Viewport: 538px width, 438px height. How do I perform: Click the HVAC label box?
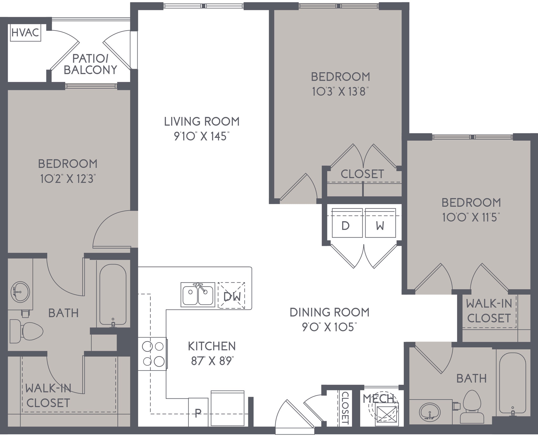pos(25,33)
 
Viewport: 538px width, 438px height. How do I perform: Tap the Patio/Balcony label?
pos(90,64)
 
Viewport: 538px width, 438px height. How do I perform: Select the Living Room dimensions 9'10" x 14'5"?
pos(202,136)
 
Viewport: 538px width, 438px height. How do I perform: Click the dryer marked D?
pos(347,223)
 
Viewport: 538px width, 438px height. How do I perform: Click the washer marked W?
pos(380,223)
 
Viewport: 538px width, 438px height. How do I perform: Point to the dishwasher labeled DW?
pos(231,295)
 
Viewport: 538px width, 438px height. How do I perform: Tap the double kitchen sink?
pos(198,295)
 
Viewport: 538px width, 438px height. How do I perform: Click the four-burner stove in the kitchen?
pos(152,354)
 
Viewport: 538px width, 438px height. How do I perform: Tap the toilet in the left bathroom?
pos(26,331)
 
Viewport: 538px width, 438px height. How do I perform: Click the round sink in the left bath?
pos(20,292)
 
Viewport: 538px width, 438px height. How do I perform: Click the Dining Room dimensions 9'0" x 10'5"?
pos(329,327)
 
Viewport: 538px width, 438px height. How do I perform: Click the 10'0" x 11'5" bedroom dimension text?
pos(471,218)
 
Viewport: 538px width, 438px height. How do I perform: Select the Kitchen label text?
pos(212,346)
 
